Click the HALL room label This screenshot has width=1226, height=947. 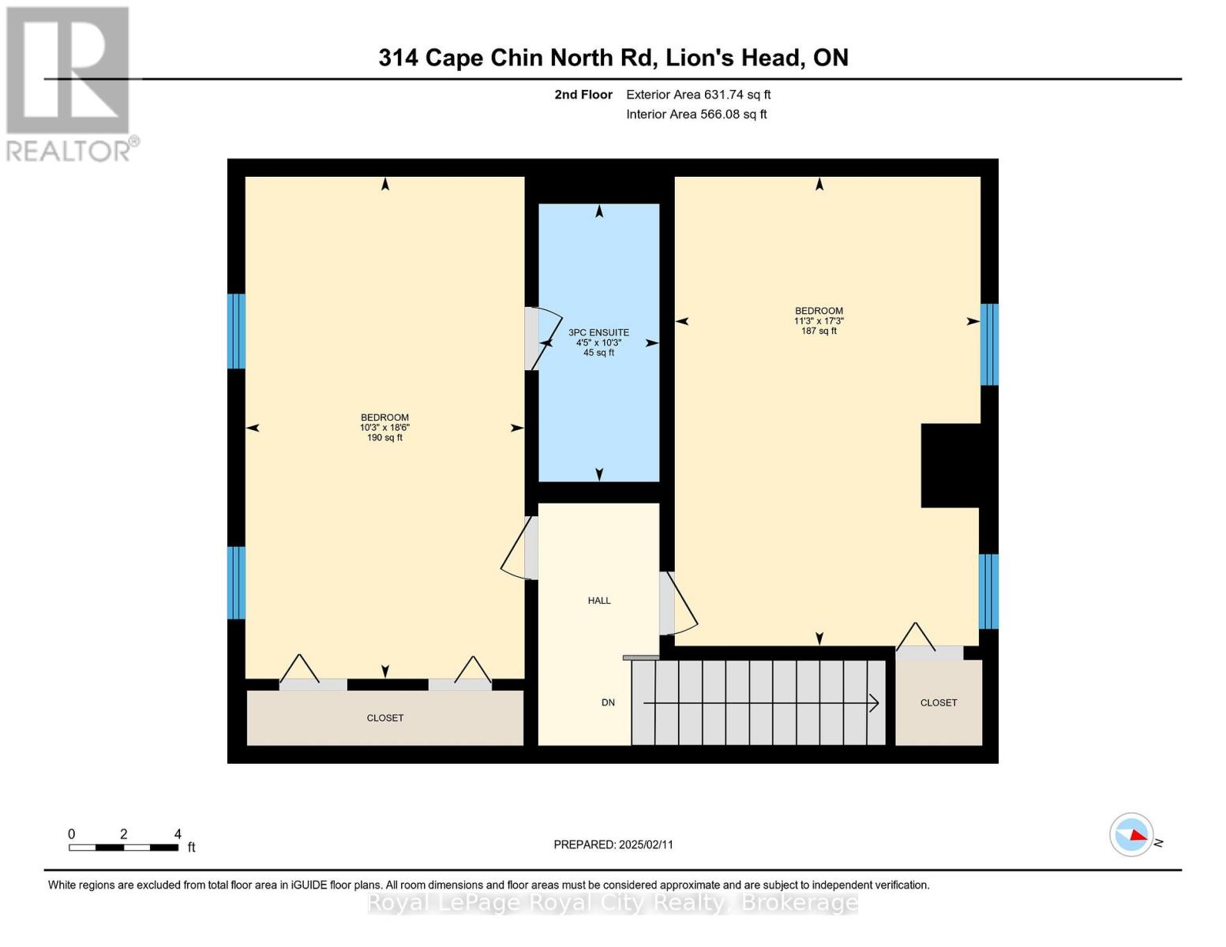(x=599, y=601)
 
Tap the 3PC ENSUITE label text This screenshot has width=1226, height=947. (x=599, y=333)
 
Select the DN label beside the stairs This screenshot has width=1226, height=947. (x=608, y=702)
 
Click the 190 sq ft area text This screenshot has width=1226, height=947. (x=384, y=438)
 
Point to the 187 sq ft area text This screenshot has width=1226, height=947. (x=819, y=331)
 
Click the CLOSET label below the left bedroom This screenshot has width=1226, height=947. (x=385, y=718)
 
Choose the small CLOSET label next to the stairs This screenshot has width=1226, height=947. (x=939, y=702)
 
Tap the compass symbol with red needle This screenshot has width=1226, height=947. (x=1132, y=834)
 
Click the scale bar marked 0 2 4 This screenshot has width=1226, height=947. (x=123, y=847)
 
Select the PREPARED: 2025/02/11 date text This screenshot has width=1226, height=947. (x=613, y=844)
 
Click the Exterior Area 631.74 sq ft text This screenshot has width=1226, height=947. (x=699, y=95)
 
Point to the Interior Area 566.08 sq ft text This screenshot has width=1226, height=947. (x=696, y=114)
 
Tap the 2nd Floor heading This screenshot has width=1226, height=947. (x=583, y=95)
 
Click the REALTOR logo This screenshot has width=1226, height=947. (x=69, y=83)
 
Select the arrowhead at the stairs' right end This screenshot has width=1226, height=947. (x=875, y=702)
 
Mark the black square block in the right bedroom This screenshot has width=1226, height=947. (x=950, y=466)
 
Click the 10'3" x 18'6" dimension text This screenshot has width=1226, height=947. (x=384, y=428)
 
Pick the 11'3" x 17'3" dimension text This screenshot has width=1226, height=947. (x=819, y=321)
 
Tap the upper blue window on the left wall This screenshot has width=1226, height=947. (x=236, y=331)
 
